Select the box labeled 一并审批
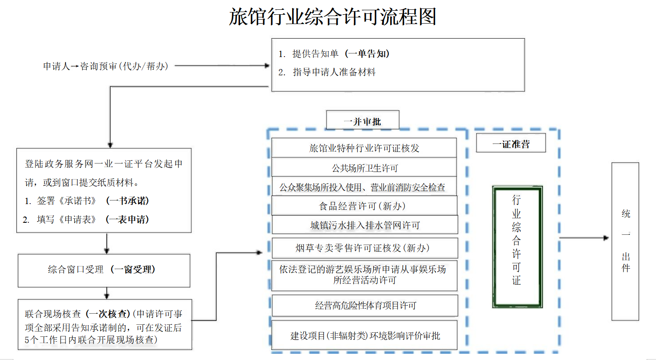click(363, 120)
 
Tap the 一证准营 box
click(511, 143)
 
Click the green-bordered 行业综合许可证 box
click(517, 247)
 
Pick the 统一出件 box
click(625, 241)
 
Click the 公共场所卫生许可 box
click(364, 167)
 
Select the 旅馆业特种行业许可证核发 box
click(364, 147)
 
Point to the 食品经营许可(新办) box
click(364, 206)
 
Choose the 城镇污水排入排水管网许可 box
click(365, 225)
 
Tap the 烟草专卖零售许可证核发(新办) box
click(365, 248)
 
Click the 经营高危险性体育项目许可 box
click(365, 306)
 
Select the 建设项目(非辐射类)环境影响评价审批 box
click(364, 335)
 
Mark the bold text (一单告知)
click(367, 53)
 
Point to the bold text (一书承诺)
click(127, 200)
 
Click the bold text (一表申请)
click(127, 219)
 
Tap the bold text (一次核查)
click(108, 314)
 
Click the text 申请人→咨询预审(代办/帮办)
click(106, 66)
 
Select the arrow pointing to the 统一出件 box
click(584, 238)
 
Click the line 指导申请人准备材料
click(334, 72)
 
